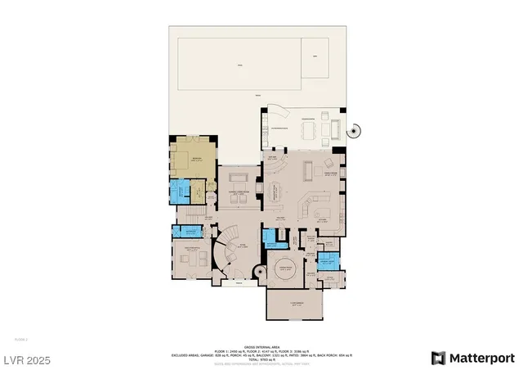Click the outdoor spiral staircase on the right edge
354,130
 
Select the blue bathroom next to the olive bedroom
178,194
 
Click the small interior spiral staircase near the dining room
259,271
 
